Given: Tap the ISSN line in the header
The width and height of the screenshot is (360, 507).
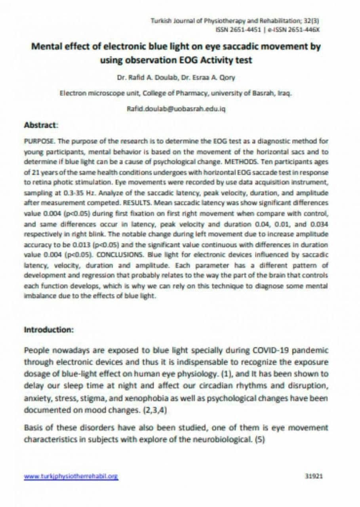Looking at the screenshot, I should [267, 29].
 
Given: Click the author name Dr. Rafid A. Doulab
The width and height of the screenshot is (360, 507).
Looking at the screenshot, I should [147, 78].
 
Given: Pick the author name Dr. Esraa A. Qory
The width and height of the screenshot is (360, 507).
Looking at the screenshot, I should [208, 78].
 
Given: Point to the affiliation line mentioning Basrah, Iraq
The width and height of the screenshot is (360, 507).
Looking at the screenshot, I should [176, 93].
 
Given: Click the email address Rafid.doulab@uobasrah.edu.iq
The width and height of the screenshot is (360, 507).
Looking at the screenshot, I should [176, 109].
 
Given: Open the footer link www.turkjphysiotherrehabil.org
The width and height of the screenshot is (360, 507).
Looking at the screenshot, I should [71, 477].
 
